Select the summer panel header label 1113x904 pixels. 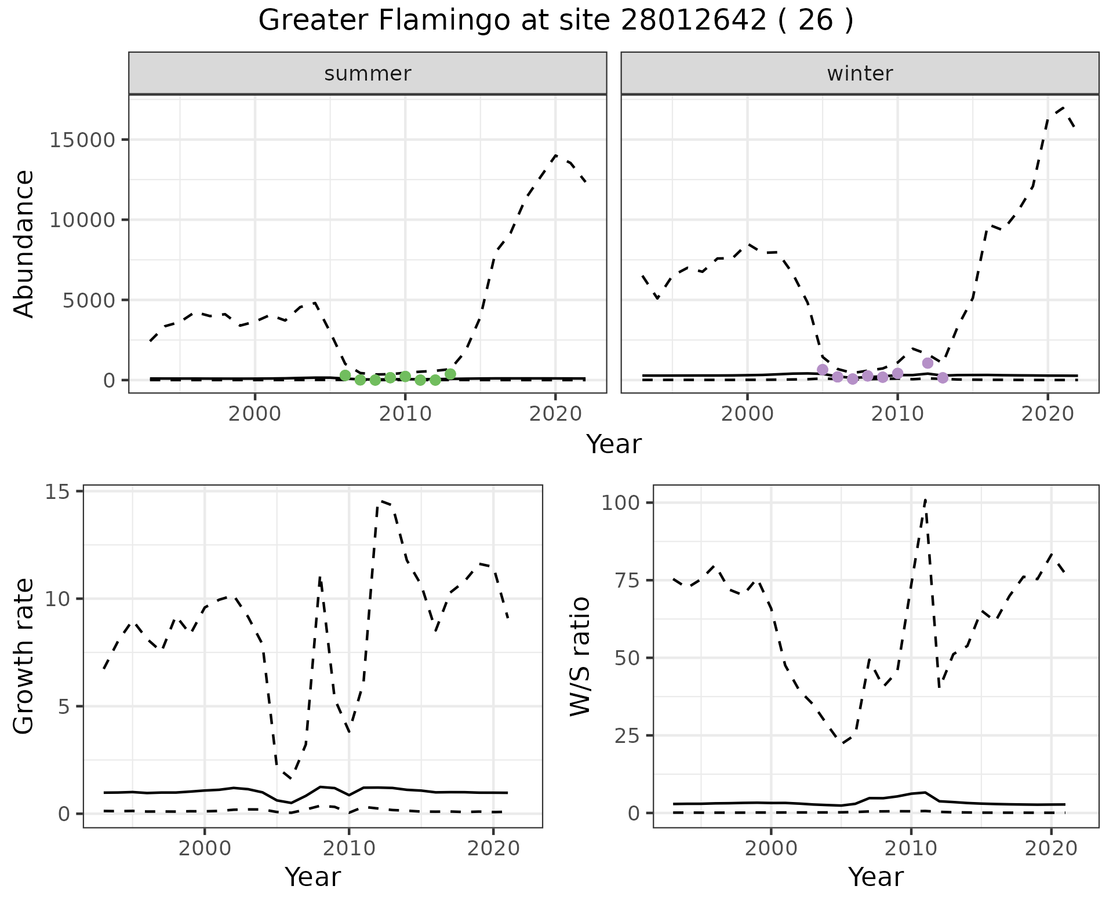coord(368,74)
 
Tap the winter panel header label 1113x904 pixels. coord(860,74)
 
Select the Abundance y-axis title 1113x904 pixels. coord(24,243)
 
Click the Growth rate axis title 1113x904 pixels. coord(24,656)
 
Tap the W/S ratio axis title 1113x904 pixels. coord(580,656)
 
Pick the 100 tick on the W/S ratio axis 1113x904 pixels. coord(620,502)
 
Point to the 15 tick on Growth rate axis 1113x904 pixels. coord(56,491)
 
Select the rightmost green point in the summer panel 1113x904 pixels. coord(450,374)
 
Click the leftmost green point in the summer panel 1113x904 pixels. coord(345,376)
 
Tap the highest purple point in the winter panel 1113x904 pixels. coord(927,363)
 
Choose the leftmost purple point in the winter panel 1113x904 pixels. coord(823,370)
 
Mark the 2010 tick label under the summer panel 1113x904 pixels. coord(405,414)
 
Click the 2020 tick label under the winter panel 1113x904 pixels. coord(1047,414)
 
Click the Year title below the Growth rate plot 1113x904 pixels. coord(312,877)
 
